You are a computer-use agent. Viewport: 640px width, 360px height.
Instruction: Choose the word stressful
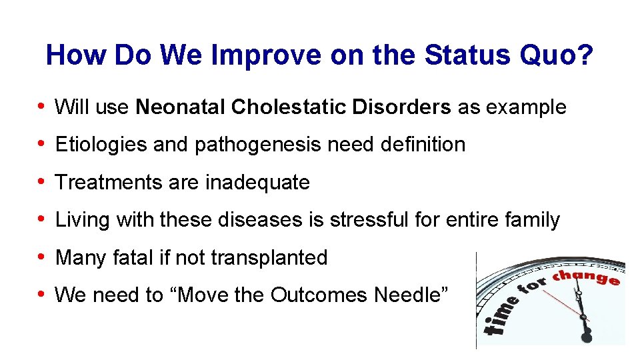(387, 219)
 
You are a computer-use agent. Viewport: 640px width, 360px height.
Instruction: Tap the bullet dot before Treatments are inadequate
(42, 182)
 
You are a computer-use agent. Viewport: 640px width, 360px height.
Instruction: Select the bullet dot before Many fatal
(42, 257)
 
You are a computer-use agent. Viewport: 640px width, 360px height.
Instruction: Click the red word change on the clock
(588, 275)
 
